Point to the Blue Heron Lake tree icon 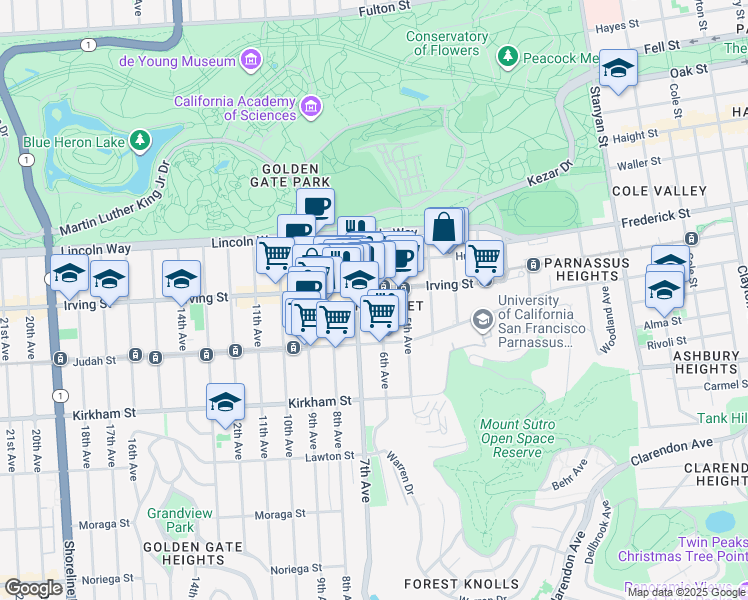pyautogui.click(x=141, y=139)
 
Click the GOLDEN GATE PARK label pyautogui.click(x=290, y=175)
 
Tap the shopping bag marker pyautogui.click(x=443, y=228)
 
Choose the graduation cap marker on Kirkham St pyautogui.click(x=226, y=402)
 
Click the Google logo pyautogui.click(x=34, y=588)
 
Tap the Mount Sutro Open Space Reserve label pyautogui.click(x=518, y=439)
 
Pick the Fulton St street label pyautogui.click(x=385, y=8)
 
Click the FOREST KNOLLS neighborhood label pyautogui.click(x=461, y=584)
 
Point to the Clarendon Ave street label pyautogui.click(x=672, y=445)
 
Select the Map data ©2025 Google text pyautogui.click(x=686, y=592)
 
